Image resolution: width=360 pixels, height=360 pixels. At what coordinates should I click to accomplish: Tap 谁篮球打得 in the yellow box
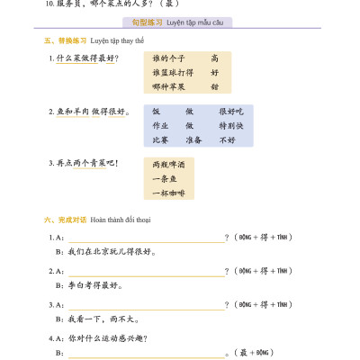pyautogui.click(x=172, y=73)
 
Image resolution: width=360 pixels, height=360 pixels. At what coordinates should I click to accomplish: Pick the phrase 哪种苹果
pyautogui.click(x=168, y=87)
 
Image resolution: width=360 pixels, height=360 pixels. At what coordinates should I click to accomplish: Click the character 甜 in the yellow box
pyautogui.click(x=214, y=87)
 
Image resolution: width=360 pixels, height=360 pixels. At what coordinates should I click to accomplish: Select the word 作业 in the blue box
pyautogui.click(x=160, y=126)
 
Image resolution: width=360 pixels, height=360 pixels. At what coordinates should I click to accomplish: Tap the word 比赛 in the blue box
pyautogui.click(x=160, y=140)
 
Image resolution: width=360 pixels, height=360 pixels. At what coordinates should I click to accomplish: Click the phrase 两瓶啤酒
pyautogui.click(x=168, y=165)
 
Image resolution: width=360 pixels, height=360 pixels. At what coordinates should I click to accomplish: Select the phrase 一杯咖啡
pyautogui.click(x=168, y=193)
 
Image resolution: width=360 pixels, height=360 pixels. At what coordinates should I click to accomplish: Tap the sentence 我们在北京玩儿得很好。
pyautogui.click(x=112, y=252)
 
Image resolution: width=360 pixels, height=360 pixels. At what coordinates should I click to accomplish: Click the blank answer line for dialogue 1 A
pyautogui.click(x=148, y=238)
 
